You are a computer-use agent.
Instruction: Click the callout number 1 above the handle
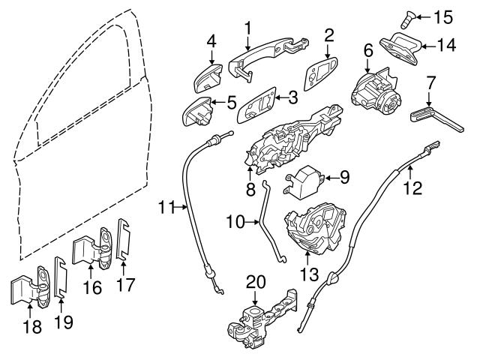click(x=247, y=27)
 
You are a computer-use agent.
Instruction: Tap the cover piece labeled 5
click(x=198, y=112)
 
